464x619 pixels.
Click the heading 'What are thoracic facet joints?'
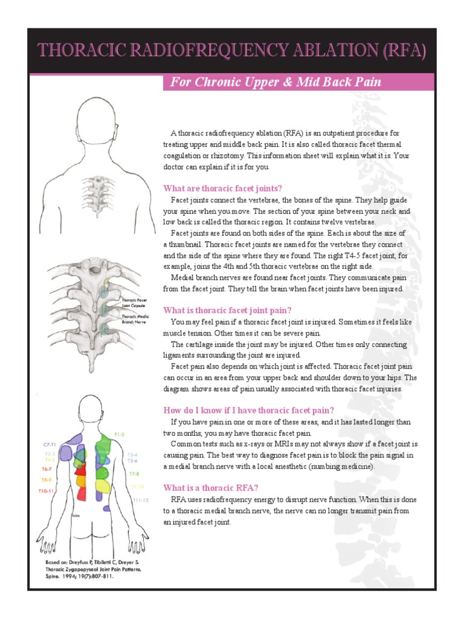point(223,189)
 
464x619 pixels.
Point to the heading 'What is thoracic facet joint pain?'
point(228,310)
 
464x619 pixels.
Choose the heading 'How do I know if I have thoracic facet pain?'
point(248,410)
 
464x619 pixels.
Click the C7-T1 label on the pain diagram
point(50,444)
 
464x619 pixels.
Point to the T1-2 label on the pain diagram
point(119,435)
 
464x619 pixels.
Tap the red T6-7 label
point(47,469)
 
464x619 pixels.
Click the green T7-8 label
point(134,473)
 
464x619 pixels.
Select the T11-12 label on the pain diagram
point(140,500)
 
